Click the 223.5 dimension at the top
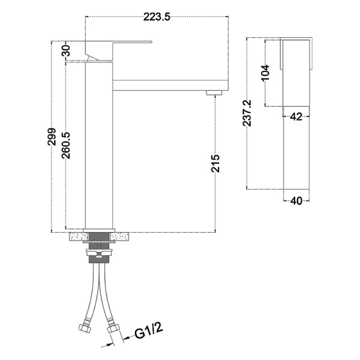point(157,17)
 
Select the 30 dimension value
point(66,51)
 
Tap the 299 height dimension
point(52,137)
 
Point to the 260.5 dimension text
point(66,146)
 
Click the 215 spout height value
point(215,163)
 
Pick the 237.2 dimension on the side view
point(247,113)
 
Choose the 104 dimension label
point(265,73)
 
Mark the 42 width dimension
point(296,117)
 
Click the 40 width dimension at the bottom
point(296,201)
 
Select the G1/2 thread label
point(149,331)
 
